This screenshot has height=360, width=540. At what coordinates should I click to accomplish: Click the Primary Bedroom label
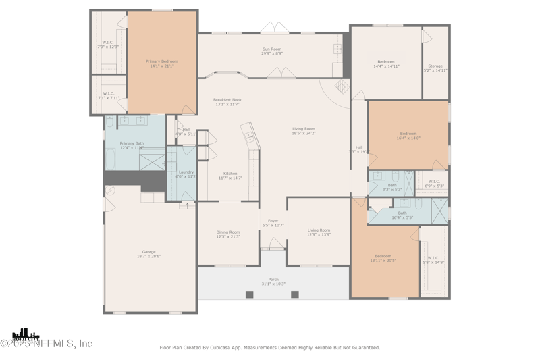point(161,63)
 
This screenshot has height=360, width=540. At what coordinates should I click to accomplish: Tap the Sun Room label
point(272,51)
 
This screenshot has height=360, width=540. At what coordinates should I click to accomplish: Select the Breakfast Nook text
point(227,102)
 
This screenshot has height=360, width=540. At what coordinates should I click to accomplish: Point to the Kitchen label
point(230,176)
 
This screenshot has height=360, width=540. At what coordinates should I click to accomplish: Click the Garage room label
point(148,254)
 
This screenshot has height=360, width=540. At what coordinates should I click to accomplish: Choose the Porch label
point(273,281)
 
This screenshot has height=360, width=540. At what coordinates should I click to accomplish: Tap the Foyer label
point(273,223)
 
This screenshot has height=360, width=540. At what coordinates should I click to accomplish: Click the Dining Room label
point(228,234)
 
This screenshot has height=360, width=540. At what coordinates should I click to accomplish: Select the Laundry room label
point(186,174)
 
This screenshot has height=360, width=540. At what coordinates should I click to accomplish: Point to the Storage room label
point(435,68)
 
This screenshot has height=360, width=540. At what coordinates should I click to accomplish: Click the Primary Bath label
point(132,145)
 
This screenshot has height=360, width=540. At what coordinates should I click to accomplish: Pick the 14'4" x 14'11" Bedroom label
point(386,64)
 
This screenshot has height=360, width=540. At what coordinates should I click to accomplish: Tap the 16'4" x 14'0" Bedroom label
point(408,136)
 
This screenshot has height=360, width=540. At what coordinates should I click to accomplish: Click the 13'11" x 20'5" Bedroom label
point(383,258)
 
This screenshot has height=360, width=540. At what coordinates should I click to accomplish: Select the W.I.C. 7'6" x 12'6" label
point(108,45)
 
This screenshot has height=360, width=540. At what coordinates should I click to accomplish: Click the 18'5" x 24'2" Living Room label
point(304,131)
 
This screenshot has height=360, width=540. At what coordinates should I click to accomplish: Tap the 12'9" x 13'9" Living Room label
point(319,232)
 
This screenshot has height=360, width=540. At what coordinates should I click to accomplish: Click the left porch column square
point(250,294)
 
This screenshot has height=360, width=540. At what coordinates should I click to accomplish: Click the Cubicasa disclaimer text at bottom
point(269,348)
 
